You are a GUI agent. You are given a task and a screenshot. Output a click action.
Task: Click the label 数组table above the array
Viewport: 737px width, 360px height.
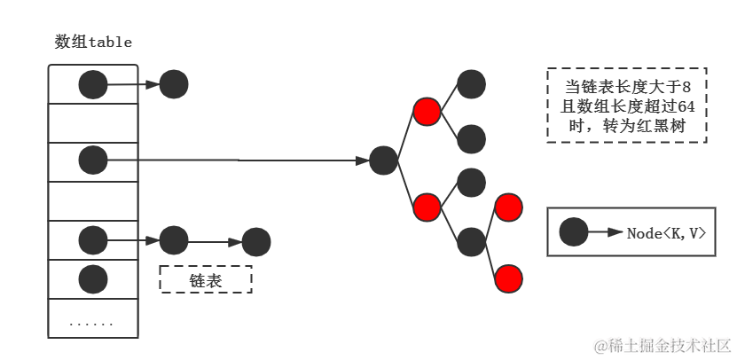(x=93, y=42)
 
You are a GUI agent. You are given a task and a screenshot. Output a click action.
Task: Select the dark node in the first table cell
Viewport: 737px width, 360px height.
(x=93, y=85)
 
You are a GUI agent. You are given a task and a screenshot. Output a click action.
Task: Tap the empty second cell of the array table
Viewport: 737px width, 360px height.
(x=93, y=122)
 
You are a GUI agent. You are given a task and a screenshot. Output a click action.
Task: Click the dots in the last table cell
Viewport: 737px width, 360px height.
(x=92, y=323)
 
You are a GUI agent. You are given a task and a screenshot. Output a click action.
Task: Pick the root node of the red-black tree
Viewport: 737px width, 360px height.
(x=383, y=160)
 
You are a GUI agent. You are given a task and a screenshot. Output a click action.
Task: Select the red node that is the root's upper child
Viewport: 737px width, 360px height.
(x=427, y=113)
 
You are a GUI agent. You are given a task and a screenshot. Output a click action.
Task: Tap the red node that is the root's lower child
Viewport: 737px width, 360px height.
(x=427, y=207)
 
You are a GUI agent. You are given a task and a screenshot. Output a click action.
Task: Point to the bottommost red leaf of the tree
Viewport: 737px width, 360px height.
(x=508, y=278)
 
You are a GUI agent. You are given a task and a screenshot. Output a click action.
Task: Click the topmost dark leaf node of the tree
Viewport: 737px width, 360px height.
(x=471, y=84)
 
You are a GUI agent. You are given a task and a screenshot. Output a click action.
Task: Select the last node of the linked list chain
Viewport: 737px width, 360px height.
(x=255, y=241)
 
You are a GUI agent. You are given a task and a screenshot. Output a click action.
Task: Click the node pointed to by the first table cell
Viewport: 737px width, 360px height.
(x=174, y=85)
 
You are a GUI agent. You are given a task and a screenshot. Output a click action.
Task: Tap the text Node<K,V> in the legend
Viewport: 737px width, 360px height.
(x=666, y=233)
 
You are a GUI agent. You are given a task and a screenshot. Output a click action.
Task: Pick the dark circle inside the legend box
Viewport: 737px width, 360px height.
(x=574, y=233)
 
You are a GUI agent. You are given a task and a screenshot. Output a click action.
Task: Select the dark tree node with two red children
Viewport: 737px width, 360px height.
(x=471, y=241)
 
